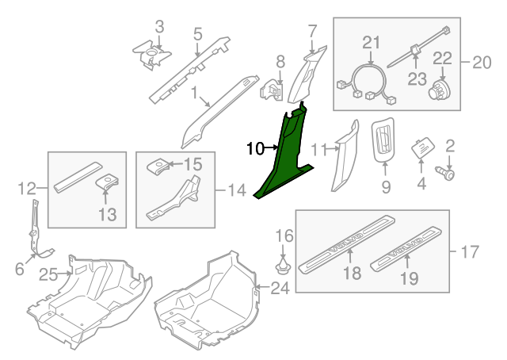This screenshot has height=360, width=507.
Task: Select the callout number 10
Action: tap(255, 147)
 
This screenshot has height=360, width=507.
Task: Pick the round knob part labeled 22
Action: tap(438, 88)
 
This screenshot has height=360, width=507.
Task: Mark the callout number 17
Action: tap(470, 252)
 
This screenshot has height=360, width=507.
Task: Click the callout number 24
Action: tap(280, 289)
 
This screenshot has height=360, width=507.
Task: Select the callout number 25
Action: tap(48, 274)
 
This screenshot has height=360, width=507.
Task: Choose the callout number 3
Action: tap(159, 28)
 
